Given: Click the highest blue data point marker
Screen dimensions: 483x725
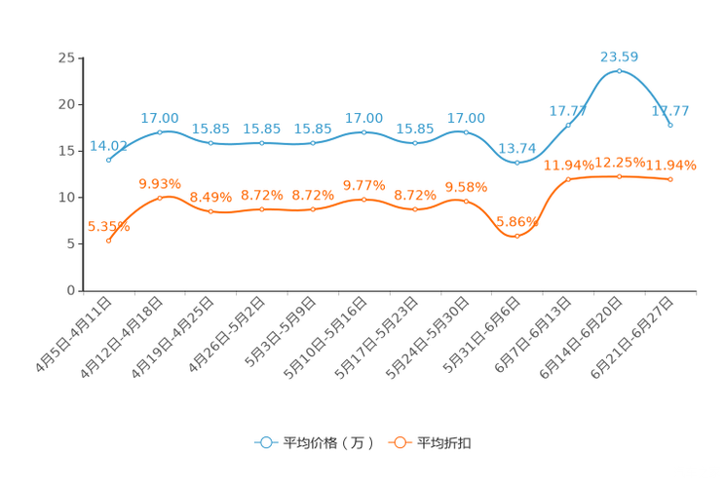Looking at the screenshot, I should [x=620, y=71].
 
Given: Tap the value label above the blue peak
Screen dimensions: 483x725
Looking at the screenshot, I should [x=619, y=56].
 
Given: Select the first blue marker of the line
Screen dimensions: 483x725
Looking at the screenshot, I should [x=108, y=160].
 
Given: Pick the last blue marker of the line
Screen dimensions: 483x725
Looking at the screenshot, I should [x=670, y=125].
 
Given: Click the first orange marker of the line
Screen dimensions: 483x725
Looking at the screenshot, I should [x=108, y=239].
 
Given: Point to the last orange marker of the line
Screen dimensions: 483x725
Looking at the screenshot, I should [x=670, y=180].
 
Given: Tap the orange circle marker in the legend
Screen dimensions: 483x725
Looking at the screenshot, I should [x=400, y=443].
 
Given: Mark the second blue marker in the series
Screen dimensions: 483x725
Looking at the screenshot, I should [x=160, y=132].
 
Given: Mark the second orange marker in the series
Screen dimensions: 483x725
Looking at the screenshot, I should [x=160, y=198].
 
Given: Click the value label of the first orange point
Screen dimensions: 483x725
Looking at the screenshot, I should [x=108, y=225].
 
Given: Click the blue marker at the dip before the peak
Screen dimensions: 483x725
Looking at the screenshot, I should [x=516, y=163].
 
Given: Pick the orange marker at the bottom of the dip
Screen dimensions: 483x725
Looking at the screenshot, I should [x=516, y=236].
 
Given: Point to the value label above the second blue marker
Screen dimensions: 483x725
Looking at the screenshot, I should [x=160, y=118].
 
